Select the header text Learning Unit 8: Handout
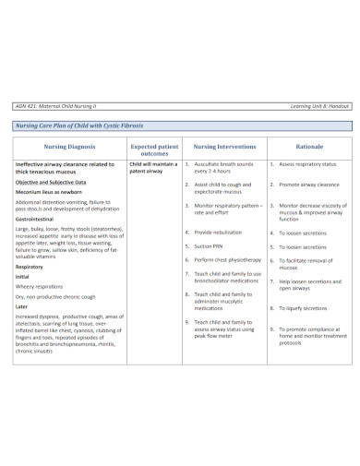click(314, 106)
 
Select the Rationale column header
click(308, 146)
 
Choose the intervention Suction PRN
click(210, 246)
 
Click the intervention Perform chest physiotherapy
click(228, 260)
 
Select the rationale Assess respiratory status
click(307, 164)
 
